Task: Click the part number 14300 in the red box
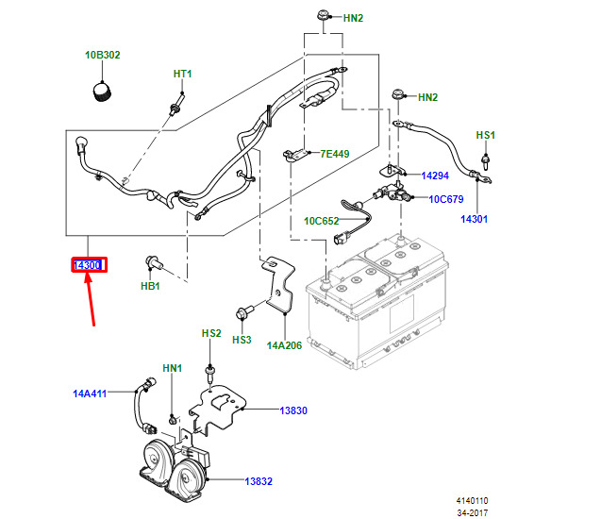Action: [89, 266]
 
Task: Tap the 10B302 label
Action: [103, 56]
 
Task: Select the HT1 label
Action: [182, 74]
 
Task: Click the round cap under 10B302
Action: [101, 92]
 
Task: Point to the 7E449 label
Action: [335, 154]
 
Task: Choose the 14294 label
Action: [435, 176]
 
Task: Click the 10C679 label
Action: [446, 199]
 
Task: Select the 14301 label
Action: [474, 219]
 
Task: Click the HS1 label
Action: [485, 136]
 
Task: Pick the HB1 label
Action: [152, 284]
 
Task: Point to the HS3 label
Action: [242, 339]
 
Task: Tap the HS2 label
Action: [210, 334]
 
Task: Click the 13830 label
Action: [293, 411]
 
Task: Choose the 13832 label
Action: [259, 481]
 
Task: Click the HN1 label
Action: [171, 368]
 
